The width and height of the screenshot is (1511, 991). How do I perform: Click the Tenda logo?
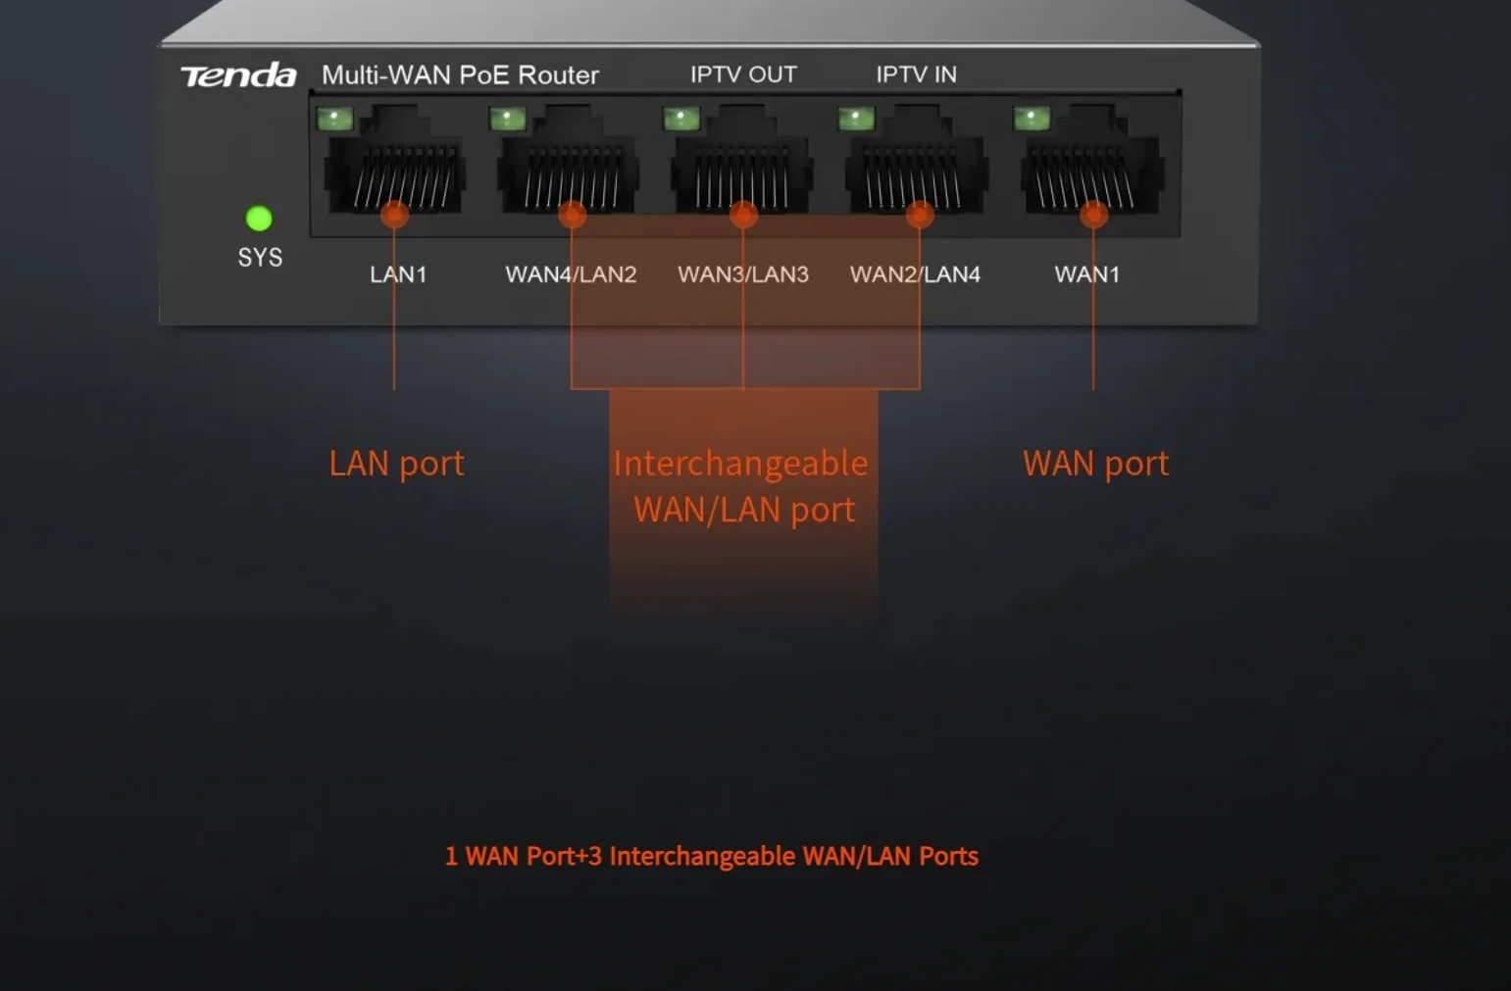[x=239, y=74]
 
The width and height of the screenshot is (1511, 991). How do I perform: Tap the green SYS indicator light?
[x=259, y=219]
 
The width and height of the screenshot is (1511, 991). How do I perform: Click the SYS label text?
[x=261, y=257]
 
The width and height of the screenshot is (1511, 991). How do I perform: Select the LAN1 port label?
[x=398, y=274]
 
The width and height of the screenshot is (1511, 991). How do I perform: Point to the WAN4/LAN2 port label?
[x=571, y=274]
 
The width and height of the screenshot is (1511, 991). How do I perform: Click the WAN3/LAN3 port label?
[x=743, y=274]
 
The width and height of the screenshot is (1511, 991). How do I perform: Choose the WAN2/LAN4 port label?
[x=916, y=274]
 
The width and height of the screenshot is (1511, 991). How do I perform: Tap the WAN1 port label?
[x=1087, y=274]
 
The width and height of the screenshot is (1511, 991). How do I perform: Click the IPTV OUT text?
[x=743, y=74]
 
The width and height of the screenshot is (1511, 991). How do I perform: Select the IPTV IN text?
[x=916, y=74]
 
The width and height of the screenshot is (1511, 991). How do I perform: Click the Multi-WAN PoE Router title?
[x=460, y=74]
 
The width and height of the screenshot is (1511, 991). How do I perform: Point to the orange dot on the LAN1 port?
[x=394, y=215]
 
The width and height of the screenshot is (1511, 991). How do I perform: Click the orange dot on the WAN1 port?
[x=1093, y=215]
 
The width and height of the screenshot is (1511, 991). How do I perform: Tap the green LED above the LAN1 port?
[x=334, y=120]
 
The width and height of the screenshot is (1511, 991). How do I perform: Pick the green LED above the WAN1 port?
[x=1032, y=120]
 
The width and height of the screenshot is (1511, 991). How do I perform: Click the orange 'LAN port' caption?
[x=397, y=464]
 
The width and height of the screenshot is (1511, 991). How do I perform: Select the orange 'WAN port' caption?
[x=1095, y=464]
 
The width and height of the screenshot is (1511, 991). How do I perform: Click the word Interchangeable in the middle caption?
[x=740, y=465]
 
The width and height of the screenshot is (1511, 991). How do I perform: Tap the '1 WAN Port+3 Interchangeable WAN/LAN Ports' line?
[x=712, y=856]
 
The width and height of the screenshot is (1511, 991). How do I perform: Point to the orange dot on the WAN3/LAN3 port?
[x=743, y=215]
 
